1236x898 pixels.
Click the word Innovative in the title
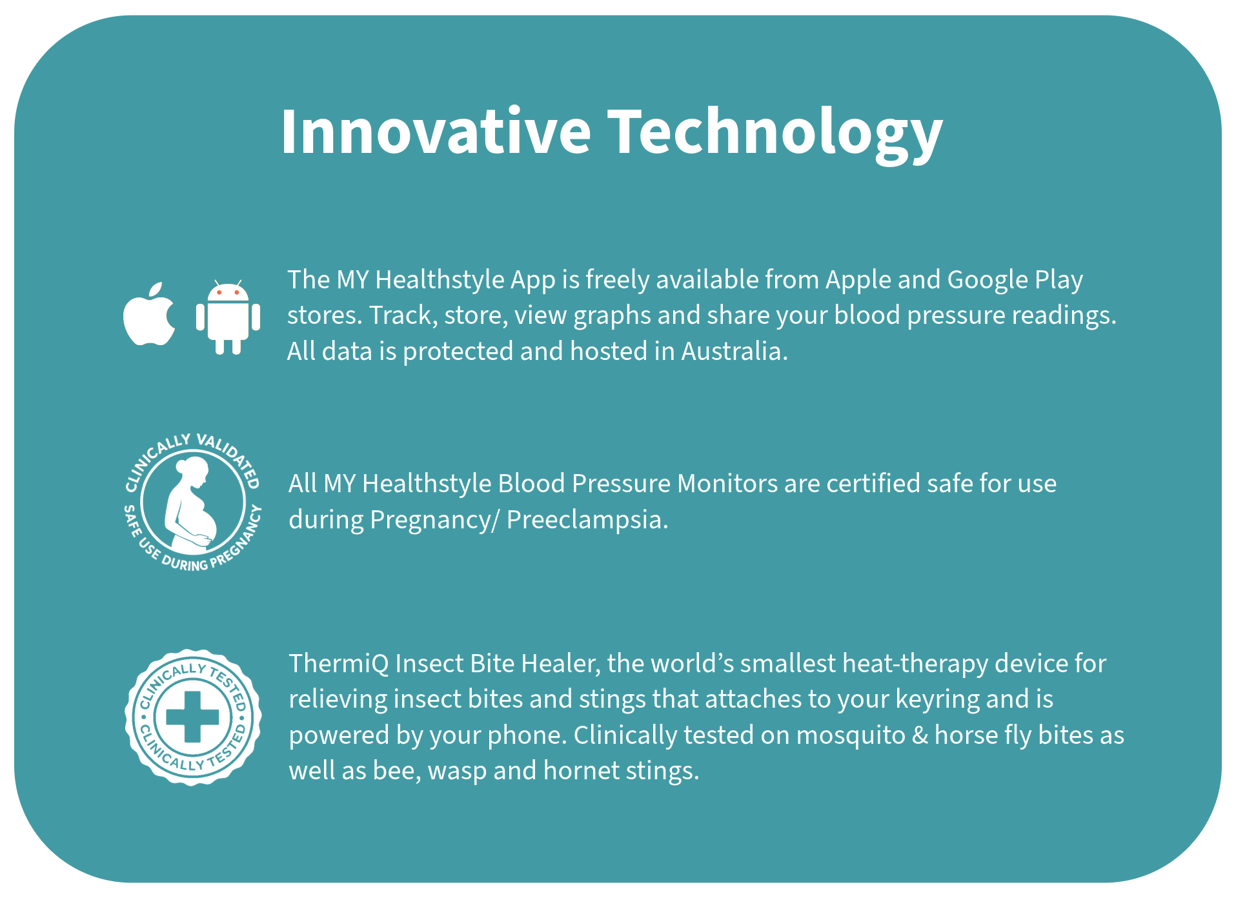436,132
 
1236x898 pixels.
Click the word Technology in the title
775,134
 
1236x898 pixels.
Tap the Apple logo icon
149,314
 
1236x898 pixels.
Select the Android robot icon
228,317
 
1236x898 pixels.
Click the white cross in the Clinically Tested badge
192,717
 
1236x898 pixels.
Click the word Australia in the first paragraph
735,352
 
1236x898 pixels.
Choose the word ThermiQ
338,664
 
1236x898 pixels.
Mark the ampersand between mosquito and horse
920,735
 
